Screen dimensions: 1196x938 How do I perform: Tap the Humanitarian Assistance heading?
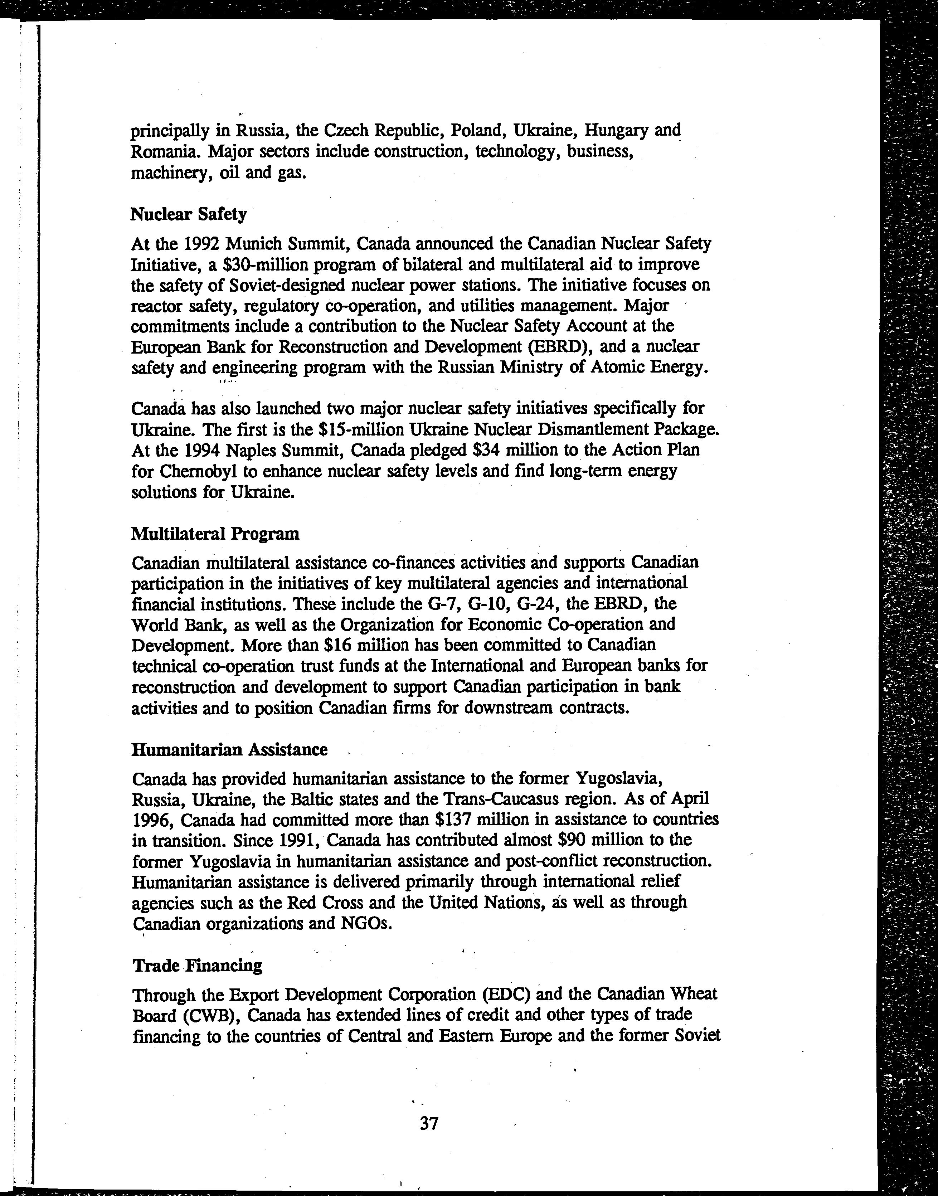coord(229,750)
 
